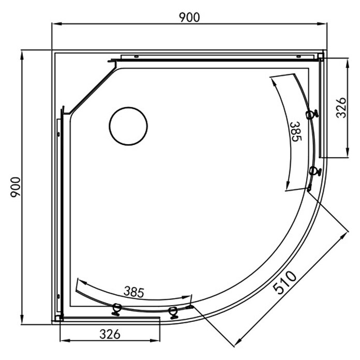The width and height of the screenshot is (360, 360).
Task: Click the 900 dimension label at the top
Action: coord(189,18)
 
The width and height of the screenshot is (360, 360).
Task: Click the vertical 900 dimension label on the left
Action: coord(16,187)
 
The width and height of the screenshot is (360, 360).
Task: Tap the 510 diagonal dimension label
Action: coord(285,282)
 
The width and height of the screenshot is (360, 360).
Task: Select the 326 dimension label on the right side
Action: coord(341,108)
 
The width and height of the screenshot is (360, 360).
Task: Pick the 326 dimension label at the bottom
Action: coord(110,334)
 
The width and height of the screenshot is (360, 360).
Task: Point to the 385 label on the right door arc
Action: coord(296,131)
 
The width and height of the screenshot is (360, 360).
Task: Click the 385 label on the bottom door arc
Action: coord(134,292)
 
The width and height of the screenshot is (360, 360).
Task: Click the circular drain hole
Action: coord(128,126)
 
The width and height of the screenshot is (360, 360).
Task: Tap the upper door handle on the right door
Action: coord(312,114)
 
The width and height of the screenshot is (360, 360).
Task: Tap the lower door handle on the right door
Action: coord(315,171)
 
